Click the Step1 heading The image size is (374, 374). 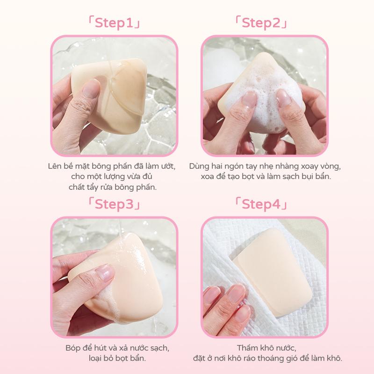(114, 23)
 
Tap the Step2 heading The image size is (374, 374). (261, 23)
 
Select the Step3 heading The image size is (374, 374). (114, 204)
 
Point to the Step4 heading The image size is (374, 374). (261, 204)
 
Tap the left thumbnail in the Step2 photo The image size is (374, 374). (249, 99)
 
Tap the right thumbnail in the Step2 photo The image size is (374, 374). (284, 98)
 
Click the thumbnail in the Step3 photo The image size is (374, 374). (104, 272)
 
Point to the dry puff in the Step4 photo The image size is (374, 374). (272, 272)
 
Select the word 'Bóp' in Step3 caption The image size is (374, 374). (73, 348)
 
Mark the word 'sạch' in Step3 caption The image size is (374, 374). (159, 348)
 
